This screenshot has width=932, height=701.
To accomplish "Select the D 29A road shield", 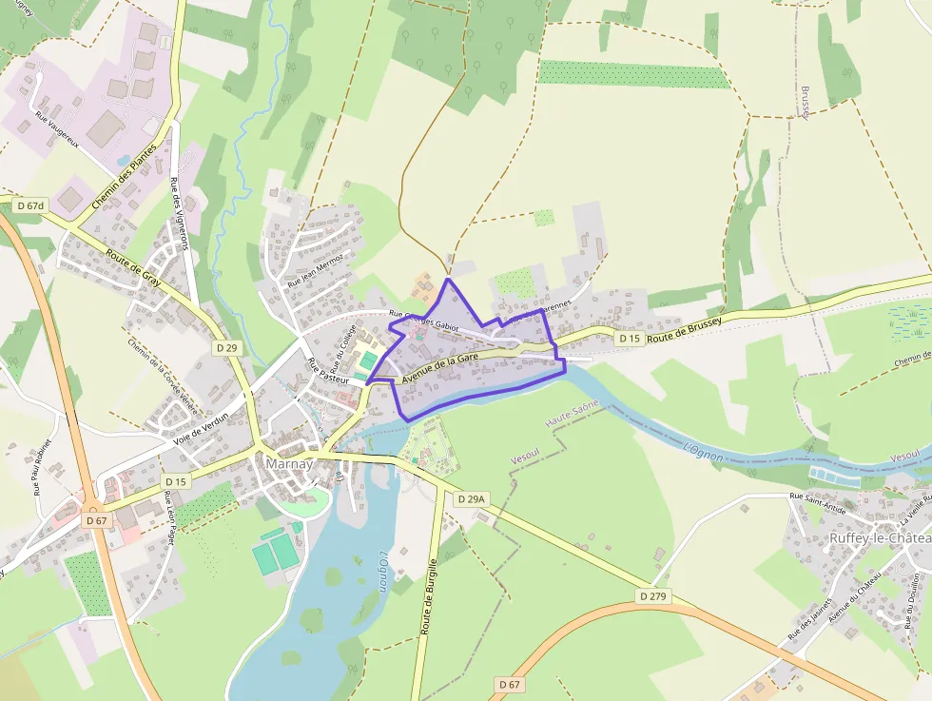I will [x=471, y=498].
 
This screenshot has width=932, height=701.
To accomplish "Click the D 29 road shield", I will [x=227, y=348].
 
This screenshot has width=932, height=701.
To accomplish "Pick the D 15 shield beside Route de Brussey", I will [x=629, y=339].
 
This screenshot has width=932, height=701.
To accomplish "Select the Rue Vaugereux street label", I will [x=55, y=130].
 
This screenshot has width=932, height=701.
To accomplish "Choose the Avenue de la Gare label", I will [x=439, y=367].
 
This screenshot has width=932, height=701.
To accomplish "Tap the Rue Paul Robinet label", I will [x=43, y=468].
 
